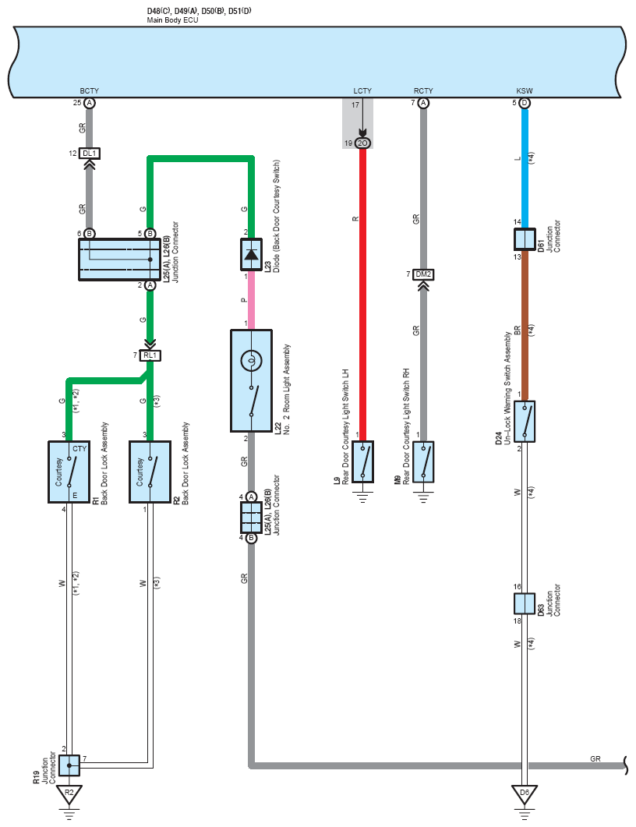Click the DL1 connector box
pyautogui.click(x=89, y=154)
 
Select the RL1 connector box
pyautogui.click(x=150, y=355)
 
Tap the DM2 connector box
pyautogui.click(x=423, y=274)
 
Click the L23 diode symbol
pyautogui.click(x=252, y=254)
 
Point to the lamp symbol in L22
pyautogui.click(x=251, y=362)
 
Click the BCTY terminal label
pyautogui.click(x=89, y=90)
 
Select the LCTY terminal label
pyautogui.click(x=362, y=90)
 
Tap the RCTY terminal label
pyautogui.click(x=423, y=90)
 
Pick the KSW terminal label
pyautogui.click(x=525, y=90)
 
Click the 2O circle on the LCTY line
pyautogui.click(x=362, y=143)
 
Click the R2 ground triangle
pyautogui.click(x=69, y=793)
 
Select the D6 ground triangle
pyautogui.click(x=525, y=793)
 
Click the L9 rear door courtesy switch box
pyautogui.click(x=363, y=462)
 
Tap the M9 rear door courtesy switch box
pyautogui.click(x=423, y=462)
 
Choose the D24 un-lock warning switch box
pyautogui.click(x=525, y=422)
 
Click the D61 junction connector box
pyautogui.click(x=525, y=239)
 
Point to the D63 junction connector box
pyautogui.click(x=525, y=603)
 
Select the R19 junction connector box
pyautogui.click(x=69, y=765)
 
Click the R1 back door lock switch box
pyautogui.click(x=69, y=472)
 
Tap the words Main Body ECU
pyautogui.click(x=172, y=20)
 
